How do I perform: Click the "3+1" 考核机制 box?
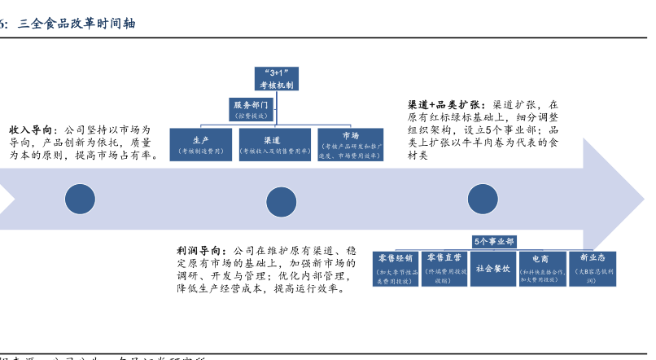tap(278, 78)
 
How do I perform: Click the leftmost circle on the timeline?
tap(80, 200)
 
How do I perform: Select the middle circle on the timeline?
tap(282, 201)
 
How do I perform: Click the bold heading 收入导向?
tap(33, 130)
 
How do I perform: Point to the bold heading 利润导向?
tap(201, 250)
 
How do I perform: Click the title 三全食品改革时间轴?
tap(77, 24)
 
